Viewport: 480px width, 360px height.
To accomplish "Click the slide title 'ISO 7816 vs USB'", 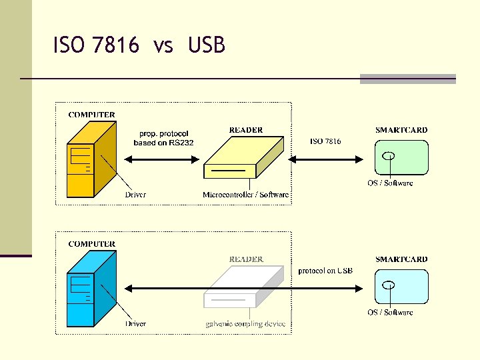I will click(x=139, y=45).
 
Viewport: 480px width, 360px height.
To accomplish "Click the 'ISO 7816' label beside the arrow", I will click(x=325, y=141).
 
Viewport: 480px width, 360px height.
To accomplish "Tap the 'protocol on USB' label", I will click(x=325, y=271).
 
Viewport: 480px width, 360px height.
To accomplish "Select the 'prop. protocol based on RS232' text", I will click(x=164, y=138).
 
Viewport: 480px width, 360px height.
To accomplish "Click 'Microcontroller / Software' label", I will click(x=246, y=195).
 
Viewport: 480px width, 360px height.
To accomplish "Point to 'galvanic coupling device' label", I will click(x=245, y=324).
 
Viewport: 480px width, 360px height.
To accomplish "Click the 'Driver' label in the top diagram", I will click(x=135, y=195).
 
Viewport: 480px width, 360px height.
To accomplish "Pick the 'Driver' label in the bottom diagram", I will click(x=135, y=324).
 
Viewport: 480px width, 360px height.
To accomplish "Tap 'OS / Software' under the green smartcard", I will click(x=390, y=183).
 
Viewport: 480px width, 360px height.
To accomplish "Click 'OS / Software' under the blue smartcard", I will click(x=390, y=312).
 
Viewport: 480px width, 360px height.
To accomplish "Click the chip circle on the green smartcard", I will click(x=389, y=156).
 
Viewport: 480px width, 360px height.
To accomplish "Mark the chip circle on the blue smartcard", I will click(x=389, y=285).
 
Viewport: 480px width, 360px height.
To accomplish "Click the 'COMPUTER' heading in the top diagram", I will click(x=92, y=115).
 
